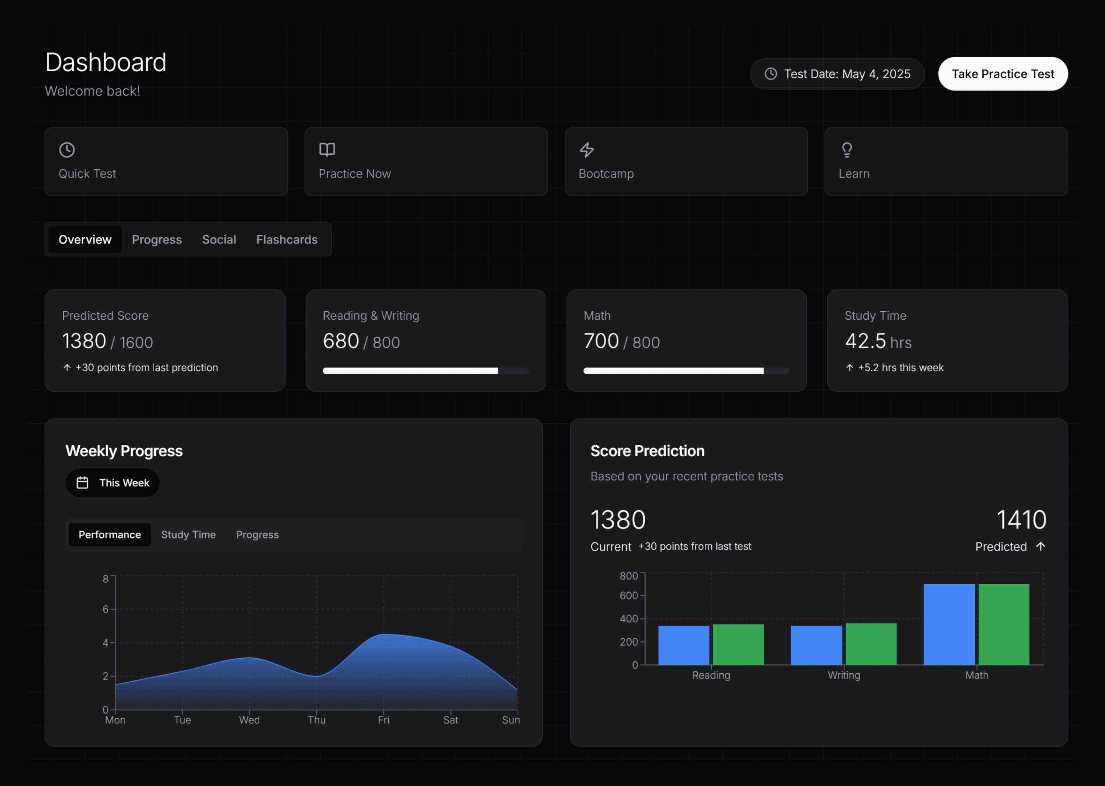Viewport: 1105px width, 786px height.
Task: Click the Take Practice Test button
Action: (x=1003, y=74)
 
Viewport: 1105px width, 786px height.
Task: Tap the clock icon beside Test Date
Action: (x=771, y=74)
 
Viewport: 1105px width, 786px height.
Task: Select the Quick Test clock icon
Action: (x=67, y=150)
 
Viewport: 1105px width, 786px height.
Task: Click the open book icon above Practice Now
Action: (x=327, y=150)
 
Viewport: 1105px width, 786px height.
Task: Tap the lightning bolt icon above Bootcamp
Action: (x=587, y=150)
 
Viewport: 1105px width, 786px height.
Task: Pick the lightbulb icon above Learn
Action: (x=847, y=150)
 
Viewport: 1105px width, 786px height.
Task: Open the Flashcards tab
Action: (x=287, y=239)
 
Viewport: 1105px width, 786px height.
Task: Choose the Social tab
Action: (x=219, y=239)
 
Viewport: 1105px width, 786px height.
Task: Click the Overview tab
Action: (x=85, y=239)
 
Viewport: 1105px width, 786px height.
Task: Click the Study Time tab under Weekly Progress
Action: (x=188, y=535)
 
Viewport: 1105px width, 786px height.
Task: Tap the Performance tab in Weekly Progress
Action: (x=110, y=535)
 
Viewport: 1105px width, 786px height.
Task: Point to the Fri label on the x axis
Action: (x=384, y=720)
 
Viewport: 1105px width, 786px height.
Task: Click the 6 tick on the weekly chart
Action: (x=106, y=609)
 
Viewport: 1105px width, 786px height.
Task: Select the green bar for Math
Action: (x=1004, y=624)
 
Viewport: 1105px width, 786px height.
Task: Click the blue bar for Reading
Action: (x=684, y=645)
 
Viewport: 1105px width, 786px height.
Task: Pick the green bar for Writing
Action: (x=871, y=644)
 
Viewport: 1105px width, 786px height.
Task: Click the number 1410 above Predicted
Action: (x=1021, y=520)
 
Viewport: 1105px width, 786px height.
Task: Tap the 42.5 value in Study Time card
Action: (x=865, y=341)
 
